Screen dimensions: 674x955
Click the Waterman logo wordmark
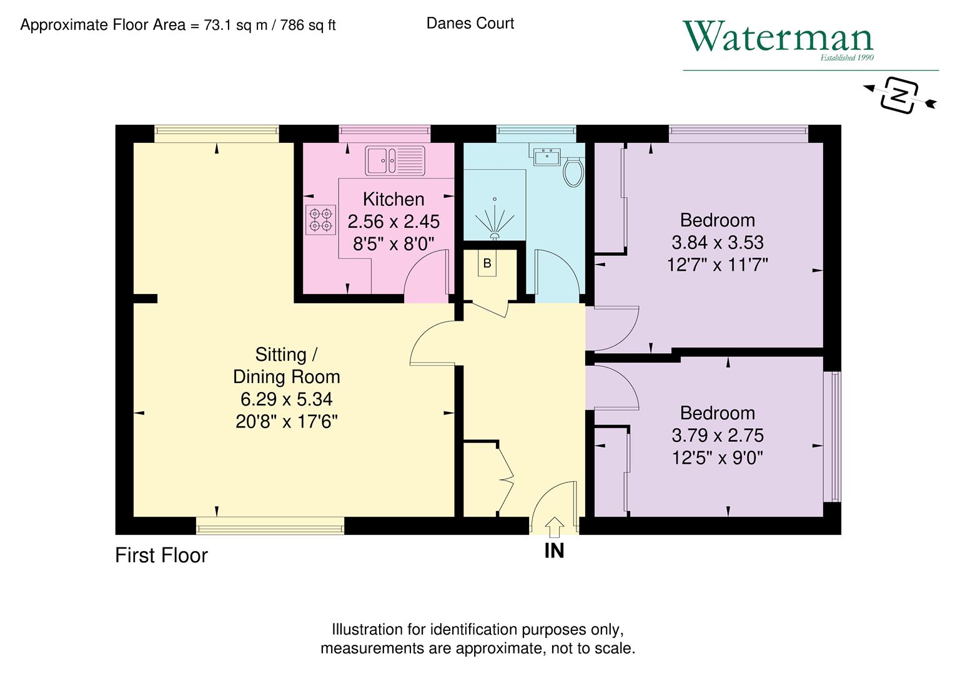[778, 37]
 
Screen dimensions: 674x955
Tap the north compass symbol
[899, 95]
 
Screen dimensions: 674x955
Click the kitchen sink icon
[394, 160]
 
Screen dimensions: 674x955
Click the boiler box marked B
[487, 263]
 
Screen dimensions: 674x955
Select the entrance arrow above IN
[554, 525]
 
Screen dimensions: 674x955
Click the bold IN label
[554, 550]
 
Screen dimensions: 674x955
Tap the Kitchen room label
[393, 199]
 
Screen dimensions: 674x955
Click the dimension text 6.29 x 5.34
[286, 399]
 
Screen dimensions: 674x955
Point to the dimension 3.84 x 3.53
[717, 242]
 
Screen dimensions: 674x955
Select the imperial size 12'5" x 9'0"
[717, 457]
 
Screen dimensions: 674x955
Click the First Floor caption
[161, 555]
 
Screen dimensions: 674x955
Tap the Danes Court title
[470, 23]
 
